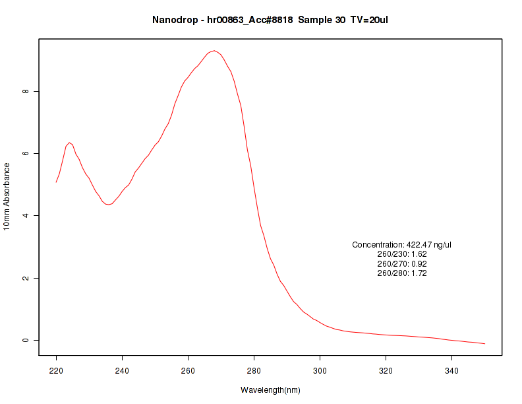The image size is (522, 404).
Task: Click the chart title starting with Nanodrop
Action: (x=270, y=20)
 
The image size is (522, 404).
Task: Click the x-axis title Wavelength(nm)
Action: (x=270, y=390)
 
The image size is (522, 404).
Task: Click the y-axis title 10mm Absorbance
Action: (x=7, y=196)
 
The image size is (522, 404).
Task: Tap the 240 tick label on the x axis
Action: (x=123, y=371)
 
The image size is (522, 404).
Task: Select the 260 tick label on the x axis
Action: (x=188, y=371)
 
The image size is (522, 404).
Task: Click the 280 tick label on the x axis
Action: (x=254, y=371)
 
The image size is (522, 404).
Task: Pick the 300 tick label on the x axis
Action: (x=320, y=371)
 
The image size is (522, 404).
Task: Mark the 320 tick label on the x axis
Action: (x=386, y=371)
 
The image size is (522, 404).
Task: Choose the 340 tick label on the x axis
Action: (x=452, y=371)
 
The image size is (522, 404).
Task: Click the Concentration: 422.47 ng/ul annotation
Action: (x=402, y=245)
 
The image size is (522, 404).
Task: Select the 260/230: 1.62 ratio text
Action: (x=402, y=254)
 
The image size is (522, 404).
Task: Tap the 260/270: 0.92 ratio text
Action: (x=402, y=264)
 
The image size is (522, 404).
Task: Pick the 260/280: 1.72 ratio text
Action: (x=402, y=273)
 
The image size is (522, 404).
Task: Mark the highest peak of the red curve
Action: (x=214, y=51)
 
